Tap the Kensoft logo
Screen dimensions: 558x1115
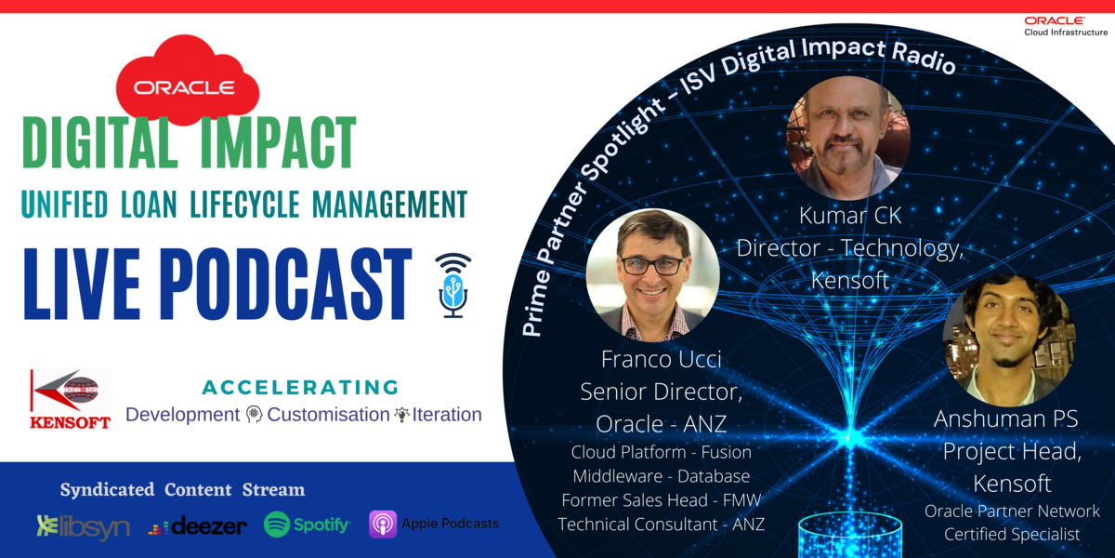71,398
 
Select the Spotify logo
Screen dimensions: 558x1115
307,525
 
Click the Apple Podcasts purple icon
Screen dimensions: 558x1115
383,524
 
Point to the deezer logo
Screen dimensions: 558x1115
198,526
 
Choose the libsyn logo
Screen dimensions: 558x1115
83,526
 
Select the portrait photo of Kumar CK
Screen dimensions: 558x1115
848,138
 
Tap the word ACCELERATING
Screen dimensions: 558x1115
300,387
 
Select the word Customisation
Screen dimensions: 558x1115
328,415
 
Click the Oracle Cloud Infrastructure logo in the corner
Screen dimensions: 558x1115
1066,26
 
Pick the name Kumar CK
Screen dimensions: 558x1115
850,216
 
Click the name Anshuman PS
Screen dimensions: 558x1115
1005,419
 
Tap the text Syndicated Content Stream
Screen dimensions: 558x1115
182,490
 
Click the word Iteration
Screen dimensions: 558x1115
448,415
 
